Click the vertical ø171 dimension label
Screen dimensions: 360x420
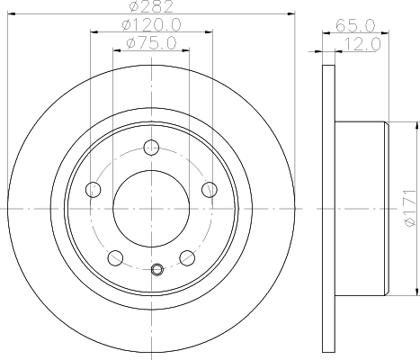tap(409, 205)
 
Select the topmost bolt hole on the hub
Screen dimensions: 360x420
tap(150, 147)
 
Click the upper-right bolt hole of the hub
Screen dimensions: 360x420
tap(210, 188)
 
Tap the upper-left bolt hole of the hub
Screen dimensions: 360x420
tap(92, 188)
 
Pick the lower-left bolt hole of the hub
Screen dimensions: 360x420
tap(114, 256)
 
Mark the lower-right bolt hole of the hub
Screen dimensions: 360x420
tap(187, 256)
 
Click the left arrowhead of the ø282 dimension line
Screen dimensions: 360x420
tap(11, 13)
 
